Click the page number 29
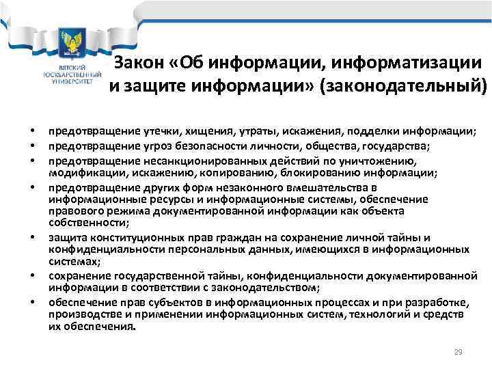click(459, 352)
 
